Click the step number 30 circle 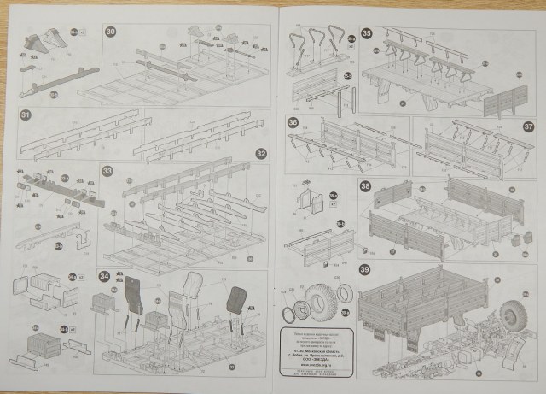(111, 32)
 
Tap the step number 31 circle (26, 115)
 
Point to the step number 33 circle (107, 171)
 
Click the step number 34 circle (103, 276)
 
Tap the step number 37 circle (528, 125)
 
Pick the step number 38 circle (365, 186)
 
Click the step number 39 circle (365, 271)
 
